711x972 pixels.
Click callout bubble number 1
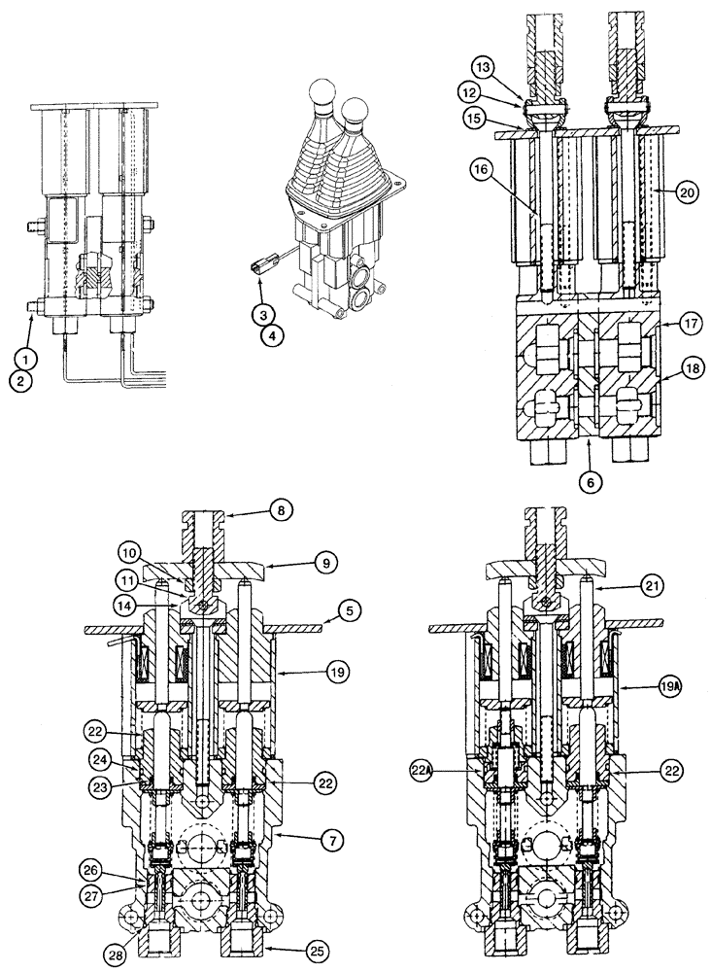(x=29, y=357)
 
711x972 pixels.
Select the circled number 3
(x=261, y=313)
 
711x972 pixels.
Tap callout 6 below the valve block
(x=589, y=479)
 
